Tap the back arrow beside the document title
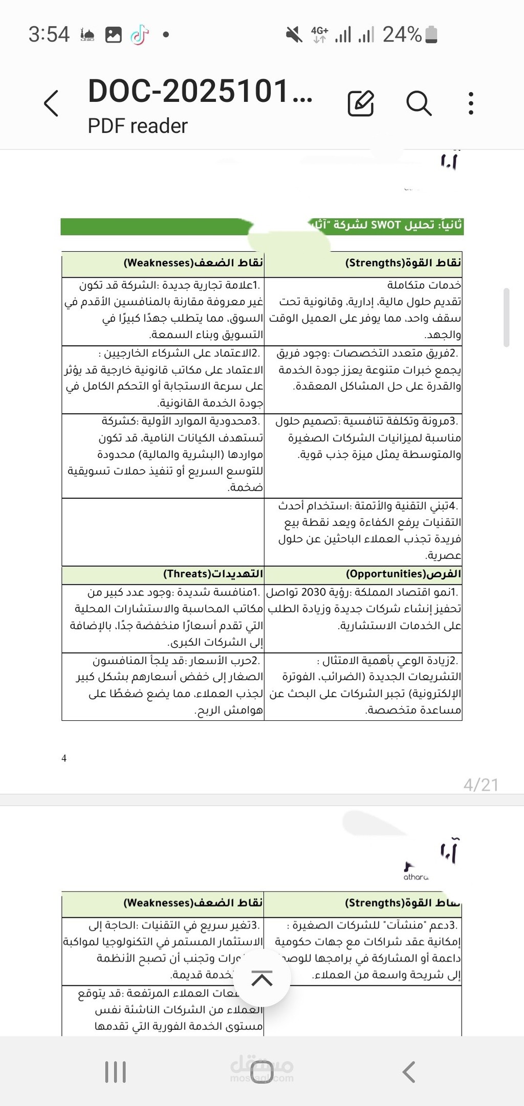pyautogui.click(x=52, y=103)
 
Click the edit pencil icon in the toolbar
pyautogui.click(x=361, y=103)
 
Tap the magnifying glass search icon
pyautogui.click(x=419, y=103)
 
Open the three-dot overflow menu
pyautogui.click(x=471, y=103)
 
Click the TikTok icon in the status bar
pyautogui.click(x=139, y=35)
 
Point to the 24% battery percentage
pyautogui.click(x=402, y=35)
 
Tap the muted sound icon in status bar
pyautogui.click(x=294, y=35)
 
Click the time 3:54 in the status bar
pyautogui.click(x=49, y=35)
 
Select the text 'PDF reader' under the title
pyautogui.click(x=138, y=126)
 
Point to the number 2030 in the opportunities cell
pyautogui.click(x=313, y=592)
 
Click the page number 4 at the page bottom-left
pyautogui.click(x=64, y=758)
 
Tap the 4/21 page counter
pyautogui.click(x=481, y=785)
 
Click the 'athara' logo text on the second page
pyautogui.click(x=416, y=877)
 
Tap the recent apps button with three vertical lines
pyautogui.click(x=115, y=1072)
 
